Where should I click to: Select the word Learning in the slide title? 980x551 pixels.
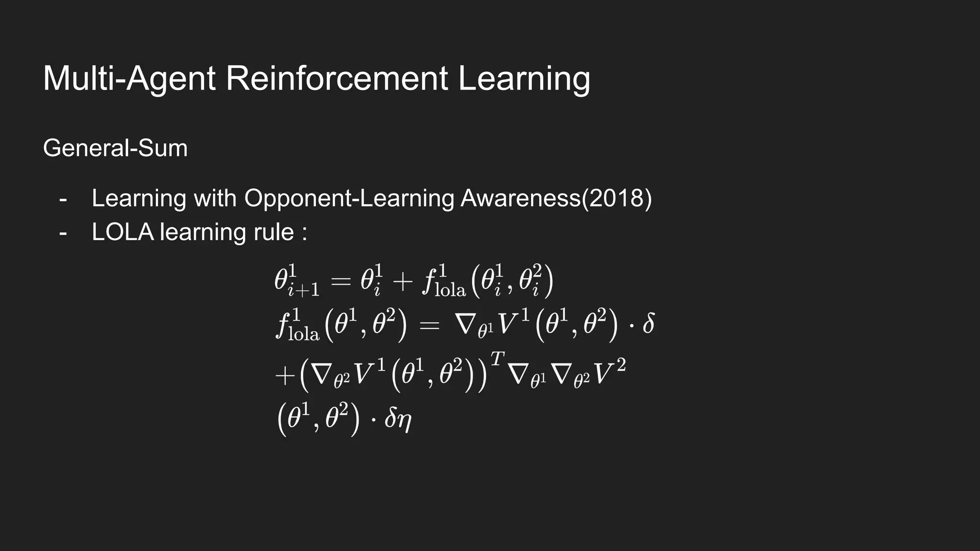(x=524, y=79)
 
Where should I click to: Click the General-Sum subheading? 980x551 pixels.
(x=115, y=148)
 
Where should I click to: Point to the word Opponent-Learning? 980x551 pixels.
(x=349, y=198)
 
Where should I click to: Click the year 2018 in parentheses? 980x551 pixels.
(x=616, y=198)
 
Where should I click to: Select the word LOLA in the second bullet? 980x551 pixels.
(x=122, y=232)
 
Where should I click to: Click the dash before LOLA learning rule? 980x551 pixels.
(x=63, y=233)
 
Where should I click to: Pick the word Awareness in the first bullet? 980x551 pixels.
(x=520, y=198)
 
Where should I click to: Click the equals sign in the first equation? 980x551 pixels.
(x=341, y=282)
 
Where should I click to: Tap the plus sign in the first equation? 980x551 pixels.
(x=402, y=282)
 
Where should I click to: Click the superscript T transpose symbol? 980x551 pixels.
(x=498, y=358)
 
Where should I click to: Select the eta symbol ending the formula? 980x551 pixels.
(x=404, y=420)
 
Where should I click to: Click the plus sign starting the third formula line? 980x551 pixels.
(x=285, y=376)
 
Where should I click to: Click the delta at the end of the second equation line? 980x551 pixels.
(x=648, y=324)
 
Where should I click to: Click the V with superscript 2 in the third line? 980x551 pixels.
(x=608, y=373)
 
